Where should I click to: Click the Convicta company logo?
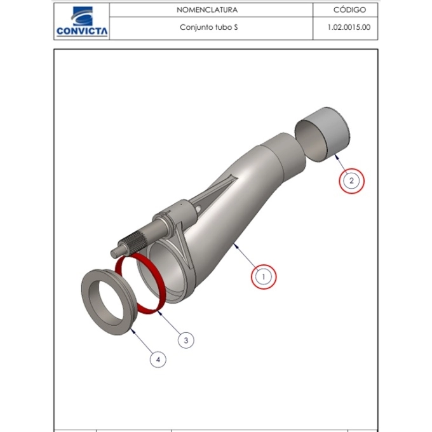tap(82, 22)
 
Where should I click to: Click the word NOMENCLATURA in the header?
tap(207, 10)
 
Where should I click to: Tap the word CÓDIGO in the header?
tap(349, 10)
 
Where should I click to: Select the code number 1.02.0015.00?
tap(349, 27)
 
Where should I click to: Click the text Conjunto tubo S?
tap(209, 27)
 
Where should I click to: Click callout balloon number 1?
tap(264, 276)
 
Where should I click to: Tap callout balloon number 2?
tap(351, 181)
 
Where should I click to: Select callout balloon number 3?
tap(186, 341)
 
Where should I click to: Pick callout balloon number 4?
tap(158, 360)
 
